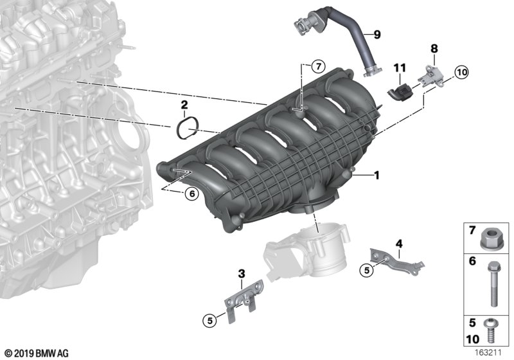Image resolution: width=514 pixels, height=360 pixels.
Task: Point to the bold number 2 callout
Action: (184, 105)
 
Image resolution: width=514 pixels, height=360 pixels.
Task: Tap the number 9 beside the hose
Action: (377, 33)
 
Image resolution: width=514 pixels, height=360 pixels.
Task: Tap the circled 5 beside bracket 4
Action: (367, 271)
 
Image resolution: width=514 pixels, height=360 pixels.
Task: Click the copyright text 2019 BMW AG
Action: (36, 353)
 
